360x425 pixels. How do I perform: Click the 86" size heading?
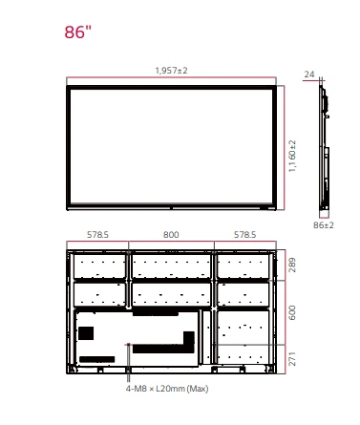coord(77,32)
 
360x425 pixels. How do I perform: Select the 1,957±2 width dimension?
coord(171,71)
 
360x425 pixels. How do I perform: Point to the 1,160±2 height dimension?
coord(292,156)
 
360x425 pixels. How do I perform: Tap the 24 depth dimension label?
coord(309,74)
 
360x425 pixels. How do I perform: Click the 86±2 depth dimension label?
coord(324,225)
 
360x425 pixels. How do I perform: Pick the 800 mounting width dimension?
coord(171,235)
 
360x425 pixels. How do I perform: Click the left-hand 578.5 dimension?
coord(97,235)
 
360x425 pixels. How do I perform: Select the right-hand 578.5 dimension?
coord(244,235)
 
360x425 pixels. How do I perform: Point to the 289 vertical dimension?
coord(292,265)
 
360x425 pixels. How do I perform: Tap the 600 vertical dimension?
coord(292,312)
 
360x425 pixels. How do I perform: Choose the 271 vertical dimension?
coord(292,359)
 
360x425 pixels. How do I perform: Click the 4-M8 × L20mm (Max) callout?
coord(167,389)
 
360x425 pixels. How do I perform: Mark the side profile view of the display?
coord(325,147)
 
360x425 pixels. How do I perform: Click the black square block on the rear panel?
coord(86,333)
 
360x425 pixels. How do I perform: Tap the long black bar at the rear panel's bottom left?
coord(96,359)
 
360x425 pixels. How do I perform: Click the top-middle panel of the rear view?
coord(171,266)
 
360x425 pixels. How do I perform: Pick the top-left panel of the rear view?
coord(99,266)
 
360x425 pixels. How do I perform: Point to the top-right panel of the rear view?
coord(244,266)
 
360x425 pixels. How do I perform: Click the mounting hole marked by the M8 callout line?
coord(129,345)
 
